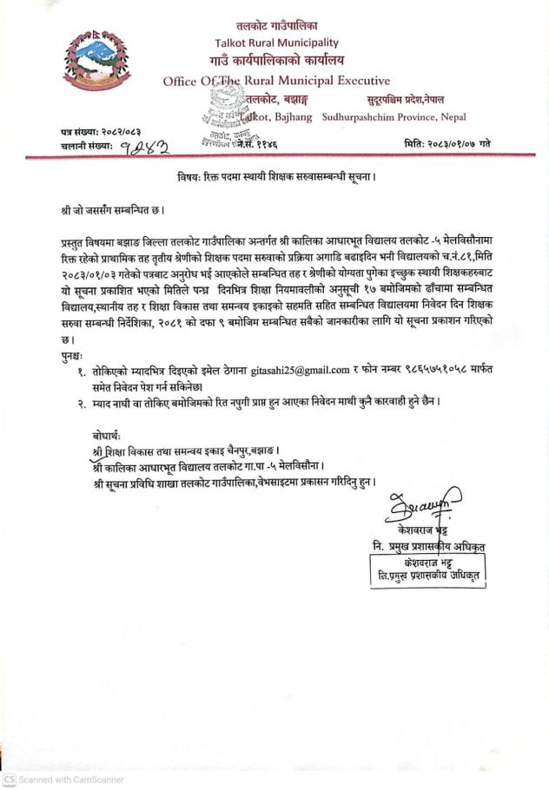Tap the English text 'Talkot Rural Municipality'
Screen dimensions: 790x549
pos(276,43)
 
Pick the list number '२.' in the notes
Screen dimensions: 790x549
pos(81,402)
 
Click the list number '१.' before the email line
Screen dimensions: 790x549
pos(81,371)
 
